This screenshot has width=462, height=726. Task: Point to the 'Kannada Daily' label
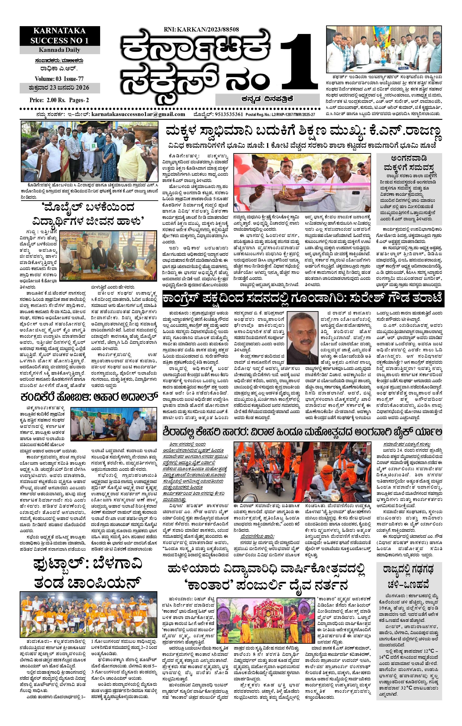point(59,50)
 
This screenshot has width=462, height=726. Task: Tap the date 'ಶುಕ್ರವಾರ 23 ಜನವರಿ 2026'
point(59,88)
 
